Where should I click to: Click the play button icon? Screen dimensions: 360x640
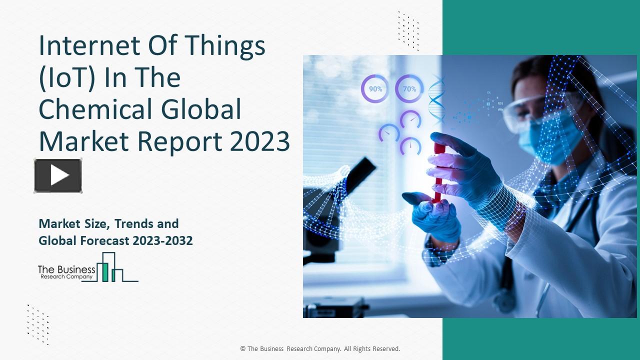(x=58, y=175)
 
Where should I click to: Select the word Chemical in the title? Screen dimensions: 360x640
(x=99, y=110)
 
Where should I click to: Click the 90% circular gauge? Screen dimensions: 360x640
(x=375, y=89)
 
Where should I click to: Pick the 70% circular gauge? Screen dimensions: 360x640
(x=409, y=89)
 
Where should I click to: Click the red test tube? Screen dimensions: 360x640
(x=438, y=172)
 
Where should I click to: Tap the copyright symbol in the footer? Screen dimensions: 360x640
(x=243, y=349)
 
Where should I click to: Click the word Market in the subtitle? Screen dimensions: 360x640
(x=56, y=223)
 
